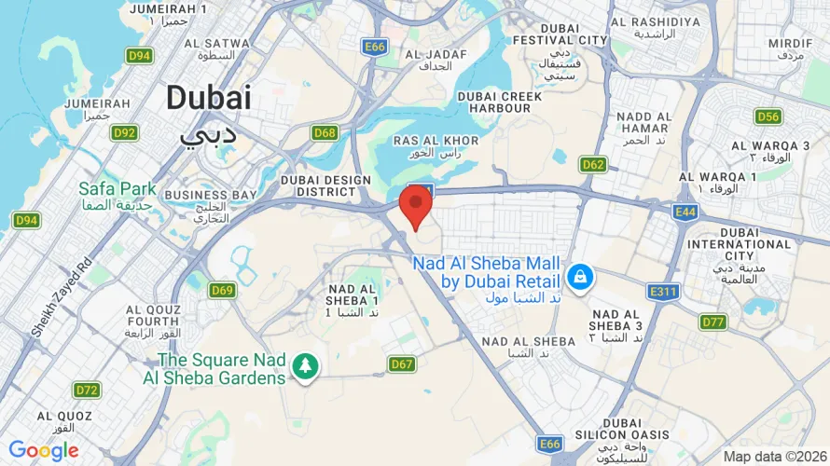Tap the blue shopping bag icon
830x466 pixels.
(580, 276)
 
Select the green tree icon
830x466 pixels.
(304, 366)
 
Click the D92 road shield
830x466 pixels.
(125, 133)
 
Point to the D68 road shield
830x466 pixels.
(325, 133)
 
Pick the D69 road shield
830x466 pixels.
(222, 290)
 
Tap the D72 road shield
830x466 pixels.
(87, 390)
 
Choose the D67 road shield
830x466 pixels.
(402, 363)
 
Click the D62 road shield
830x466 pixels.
(593, 165)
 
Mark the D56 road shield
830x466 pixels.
(768, 116)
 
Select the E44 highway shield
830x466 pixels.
(686, 213)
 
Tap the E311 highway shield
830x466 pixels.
(665, 293)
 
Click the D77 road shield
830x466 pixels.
(713, 322)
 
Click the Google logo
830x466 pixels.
(44, 451)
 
